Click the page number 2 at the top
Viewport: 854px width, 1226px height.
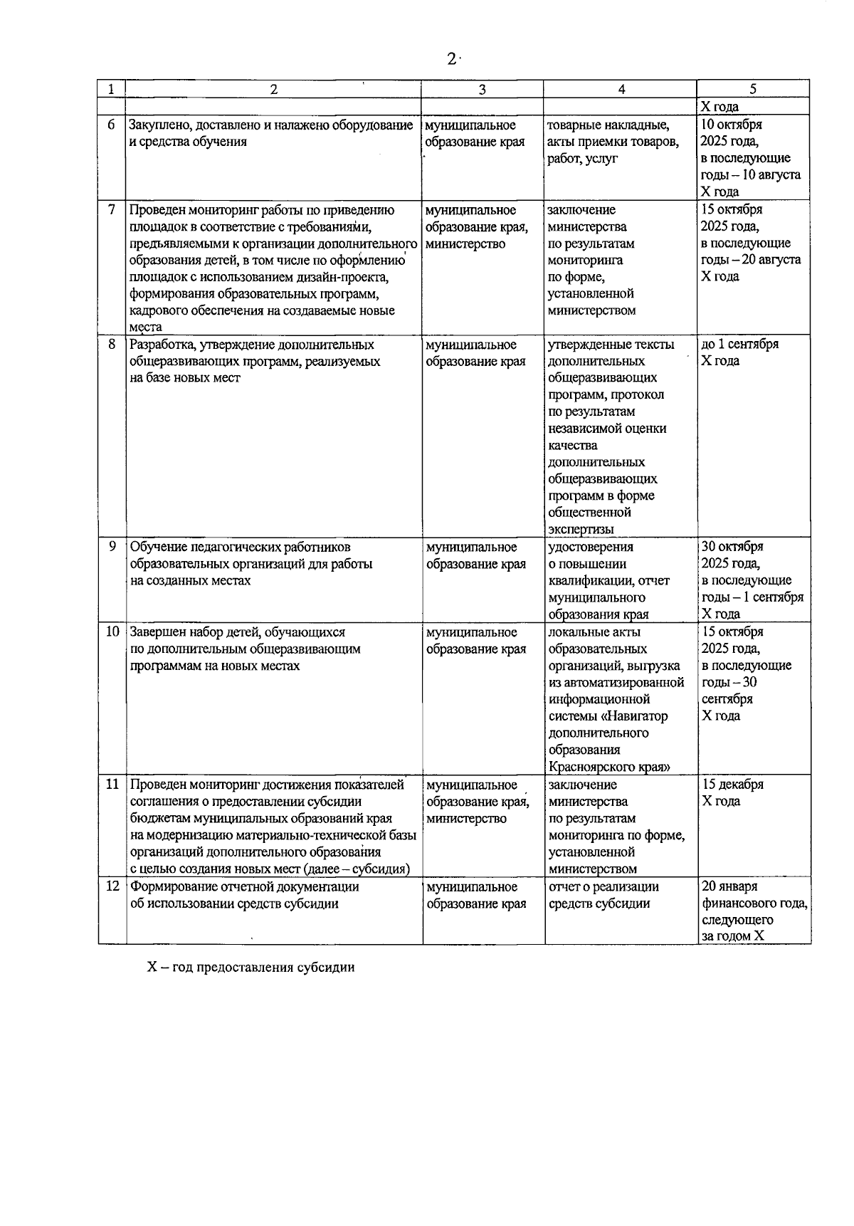[451, 60]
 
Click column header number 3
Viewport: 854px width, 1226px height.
[483, 90]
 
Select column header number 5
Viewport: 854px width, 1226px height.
[753, 90]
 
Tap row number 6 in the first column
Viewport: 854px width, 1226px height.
[111, 125]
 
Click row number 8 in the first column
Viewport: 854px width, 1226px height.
[111, 344]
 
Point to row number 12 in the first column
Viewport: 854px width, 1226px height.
[112, 886]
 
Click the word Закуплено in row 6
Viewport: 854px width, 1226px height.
[159, 125]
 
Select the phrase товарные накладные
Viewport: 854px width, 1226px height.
[608, 125]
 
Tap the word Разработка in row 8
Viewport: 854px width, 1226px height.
[162, 345]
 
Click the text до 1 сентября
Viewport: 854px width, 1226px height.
[740, 344]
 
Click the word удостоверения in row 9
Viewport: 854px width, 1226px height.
[591, 547]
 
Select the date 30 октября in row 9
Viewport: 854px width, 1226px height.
[733, 547]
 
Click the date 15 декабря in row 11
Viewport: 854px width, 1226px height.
[733, 785]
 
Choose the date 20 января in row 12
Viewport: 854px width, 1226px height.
[729, 886]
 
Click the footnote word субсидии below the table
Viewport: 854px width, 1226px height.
[327, 968]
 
